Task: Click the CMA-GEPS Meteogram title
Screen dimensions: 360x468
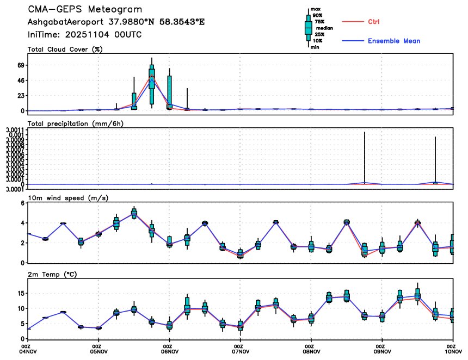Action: click(85, 10)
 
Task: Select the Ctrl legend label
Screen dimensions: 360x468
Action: click(373, 22)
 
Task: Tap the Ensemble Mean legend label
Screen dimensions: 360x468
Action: click(394, 41)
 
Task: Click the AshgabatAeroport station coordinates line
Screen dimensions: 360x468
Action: click(116, 22)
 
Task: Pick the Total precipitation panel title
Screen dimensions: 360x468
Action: click(76, 123)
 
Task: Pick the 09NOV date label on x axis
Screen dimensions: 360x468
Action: click(383, 352)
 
